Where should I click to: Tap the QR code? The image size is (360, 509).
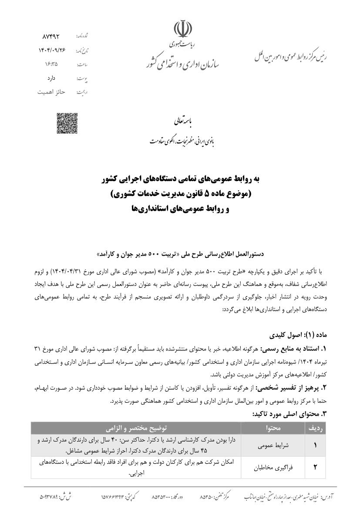pyautogui.click(x=67, y=123)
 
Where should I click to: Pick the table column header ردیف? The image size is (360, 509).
pyautogui.click(x=314, y=428)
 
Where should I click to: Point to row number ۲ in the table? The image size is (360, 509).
pyautogui.click(x=315, y=467)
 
